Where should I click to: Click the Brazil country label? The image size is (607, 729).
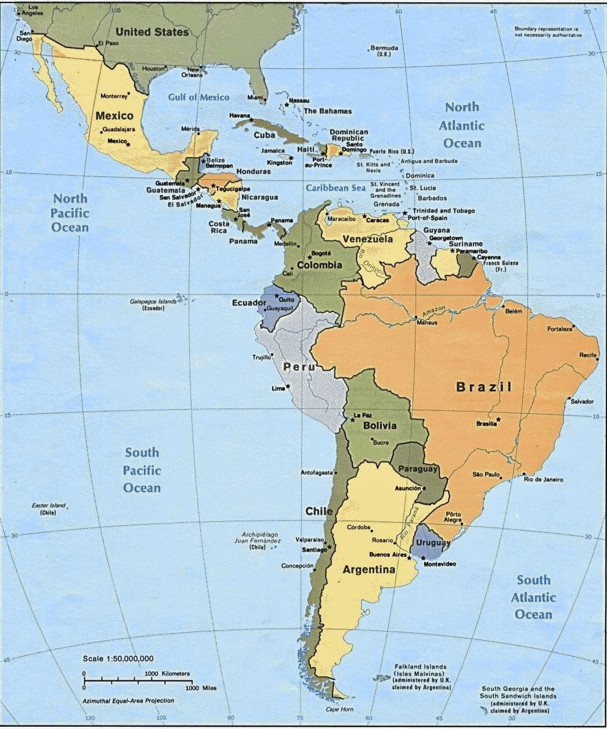483,387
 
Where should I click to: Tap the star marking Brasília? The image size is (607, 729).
498,419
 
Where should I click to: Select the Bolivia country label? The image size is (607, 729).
380,426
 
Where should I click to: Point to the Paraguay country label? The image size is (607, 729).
418,469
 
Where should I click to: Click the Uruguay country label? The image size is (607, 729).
433,543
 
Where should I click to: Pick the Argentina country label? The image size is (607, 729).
369,570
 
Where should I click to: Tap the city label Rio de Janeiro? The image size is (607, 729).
543,479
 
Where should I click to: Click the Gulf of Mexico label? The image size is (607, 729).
198,97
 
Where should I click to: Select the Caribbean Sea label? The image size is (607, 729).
336,188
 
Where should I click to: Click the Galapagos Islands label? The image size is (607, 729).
153,305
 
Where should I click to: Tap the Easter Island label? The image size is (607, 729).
49,509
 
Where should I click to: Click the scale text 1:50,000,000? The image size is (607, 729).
118,658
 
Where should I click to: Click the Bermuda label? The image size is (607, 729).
384,50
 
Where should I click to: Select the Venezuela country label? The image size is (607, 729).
367,239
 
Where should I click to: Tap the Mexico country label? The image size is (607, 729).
114,116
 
